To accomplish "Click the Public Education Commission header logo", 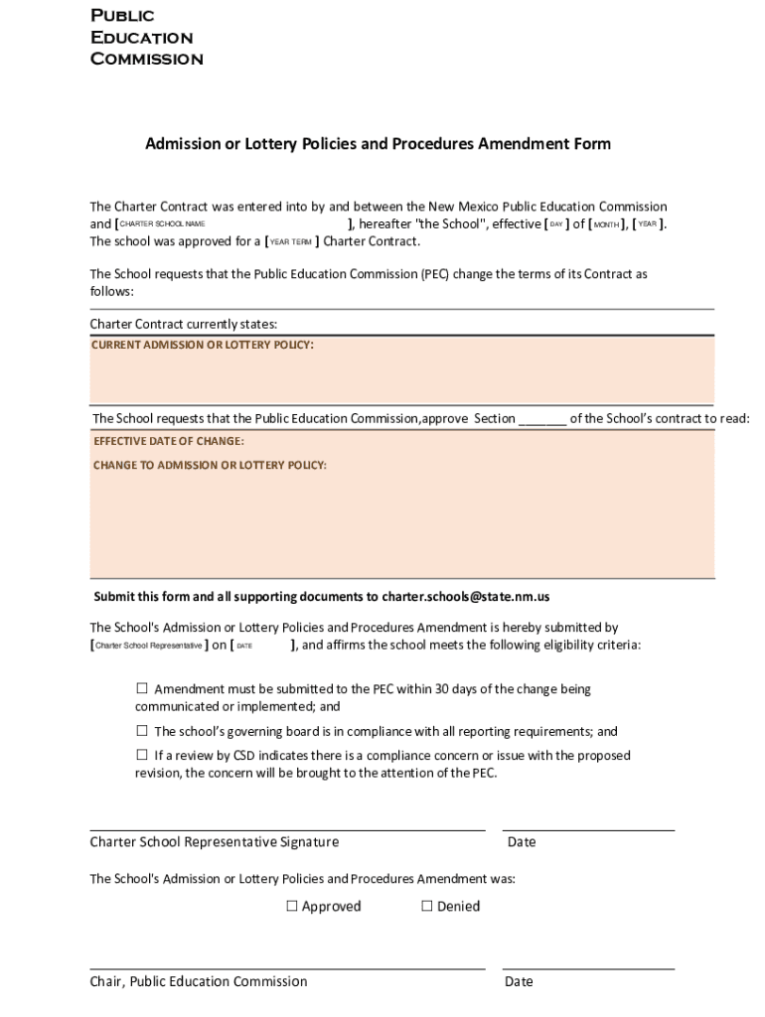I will (x=146, y=38).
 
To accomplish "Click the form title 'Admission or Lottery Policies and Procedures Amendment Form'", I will (x=378, y=144).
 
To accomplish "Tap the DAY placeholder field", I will (x=556, y=224).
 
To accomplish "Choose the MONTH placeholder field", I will (x=606, y=224).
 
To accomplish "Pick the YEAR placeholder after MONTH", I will (x=647, y=224).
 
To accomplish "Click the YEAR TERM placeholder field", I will (x=291, y=242).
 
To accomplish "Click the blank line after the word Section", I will (x=541, y=419).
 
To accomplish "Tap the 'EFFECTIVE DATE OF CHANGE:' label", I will (x=169, y=441).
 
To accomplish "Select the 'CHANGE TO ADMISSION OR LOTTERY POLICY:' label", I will (x=210, y=465).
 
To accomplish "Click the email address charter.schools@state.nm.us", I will (x=466, y=597).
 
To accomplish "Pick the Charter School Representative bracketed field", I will (x=148, y=646).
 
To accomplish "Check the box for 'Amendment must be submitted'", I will (x=142, y=688).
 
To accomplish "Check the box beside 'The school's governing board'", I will (x=142, y=731).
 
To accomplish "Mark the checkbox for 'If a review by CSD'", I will (x=142, y=755).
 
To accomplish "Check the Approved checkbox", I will (x=292, y=906).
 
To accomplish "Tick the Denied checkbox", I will (x=427, y=906).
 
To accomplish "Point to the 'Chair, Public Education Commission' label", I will (x=199, y=981).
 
